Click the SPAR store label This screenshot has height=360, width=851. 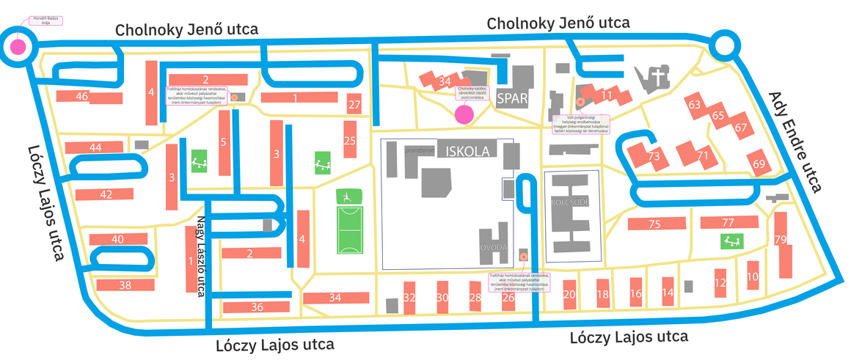(512, 99)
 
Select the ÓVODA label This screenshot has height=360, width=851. (494, 248)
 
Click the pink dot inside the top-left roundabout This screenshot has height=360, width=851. (16, 48)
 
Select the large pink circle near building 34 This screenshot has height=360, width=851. (464, 114)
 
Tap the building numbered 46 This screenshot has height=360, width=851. (82, 97)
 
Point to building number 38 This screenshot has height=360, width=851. (124, 285)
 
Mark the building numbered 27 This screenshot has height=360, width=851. (355, 105)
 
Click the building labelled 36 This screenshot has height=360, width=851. (257, 307)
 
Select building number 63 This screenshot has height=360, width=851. (695, 105)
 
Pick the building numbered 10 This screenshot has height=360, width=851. (753, 276)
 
